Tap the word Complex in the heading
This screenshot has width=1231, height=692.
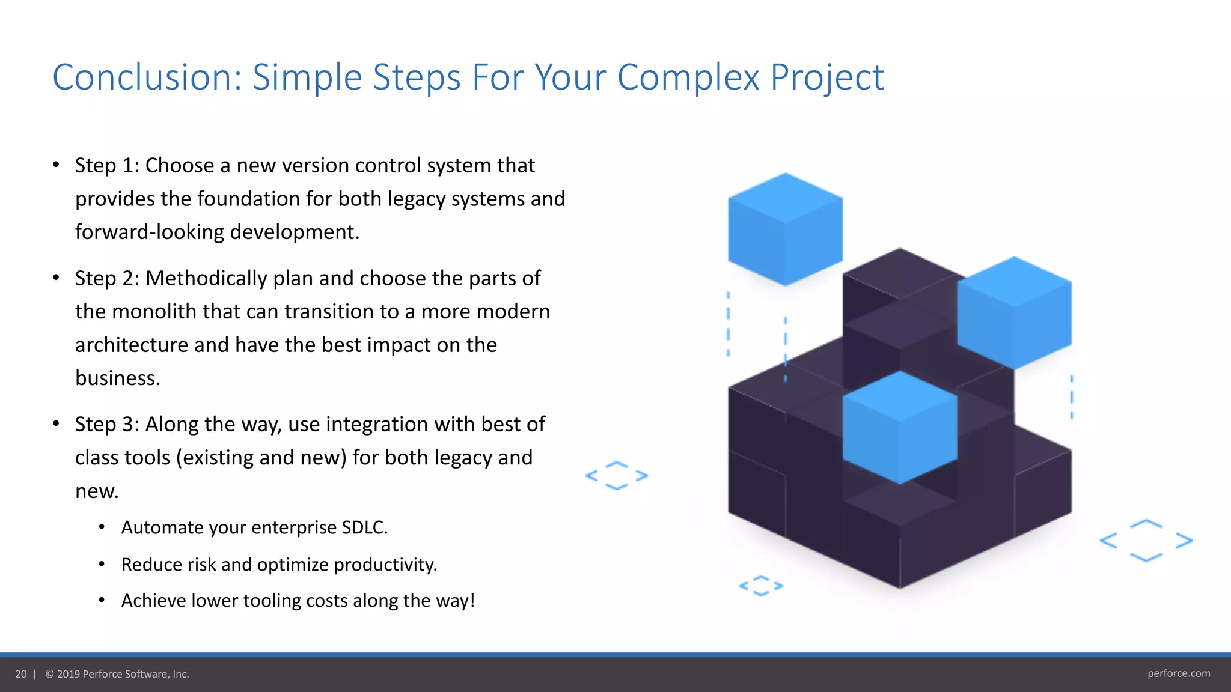[688, 77]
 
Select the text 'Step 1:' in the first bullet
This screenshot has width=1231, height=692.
[107, 165]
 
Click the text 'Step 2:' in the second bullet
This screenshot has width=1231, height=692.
[107, 278]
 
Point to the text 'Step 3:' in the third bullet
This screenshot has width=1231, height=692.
[107, 424]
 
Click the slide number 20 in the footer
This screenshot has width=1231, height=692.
[21, 674]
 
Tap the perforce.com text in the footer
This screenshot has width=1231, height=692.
[1178, 673]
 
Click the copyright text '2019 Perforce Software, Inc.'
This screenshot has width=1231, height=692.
[123, 674]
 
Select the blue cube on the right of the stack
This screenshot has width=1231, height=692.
[1014, 313]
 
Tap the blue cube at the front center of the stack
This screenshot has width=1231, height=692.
[899, 427]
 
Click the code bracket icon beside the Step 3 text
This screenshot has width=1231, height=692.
[617, 476]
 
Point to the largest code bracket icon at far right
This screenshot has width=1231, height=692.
[1146, 541]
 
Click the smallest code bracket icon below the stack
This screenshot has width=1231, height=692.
[761, 586]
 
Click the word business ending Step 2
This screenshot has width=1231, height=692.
[117, 378]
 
